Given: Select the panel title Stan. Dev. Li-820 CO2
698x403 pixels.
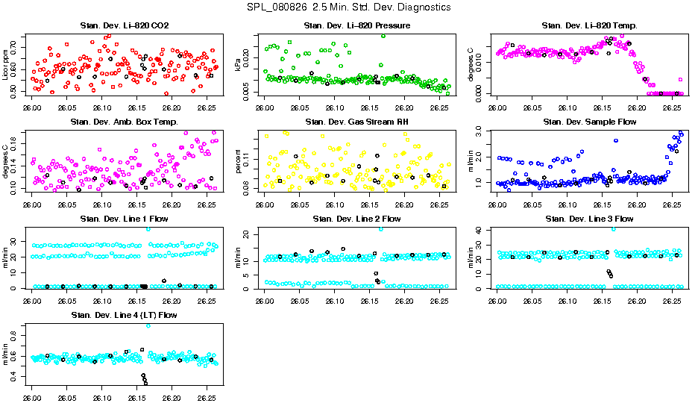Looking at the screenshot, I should click(124, 26).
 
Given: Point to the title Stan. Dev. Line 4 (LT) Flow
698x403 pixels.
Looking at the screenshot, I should click(124, 315).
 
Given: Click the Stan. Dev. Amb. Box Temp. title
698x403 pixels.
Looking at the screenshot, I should click(124, 122).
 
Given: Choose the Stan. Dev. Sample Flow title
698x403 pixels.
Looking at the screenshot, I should click(589, 122).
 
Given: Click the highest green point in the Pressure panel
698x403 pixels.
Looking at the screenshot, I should click(383, 35).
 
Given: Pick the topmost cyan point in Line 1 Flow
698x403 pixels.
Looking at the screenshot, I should click(148, 228).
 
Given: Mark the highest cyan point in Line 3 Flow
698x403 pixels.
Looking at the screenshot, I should click(613, 228).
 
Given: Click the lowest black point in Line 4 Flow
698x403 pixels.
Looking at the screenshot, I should click(145, 383).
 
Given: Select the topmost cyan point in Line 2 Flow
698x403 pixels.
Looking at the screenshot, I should click(381, 228).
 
